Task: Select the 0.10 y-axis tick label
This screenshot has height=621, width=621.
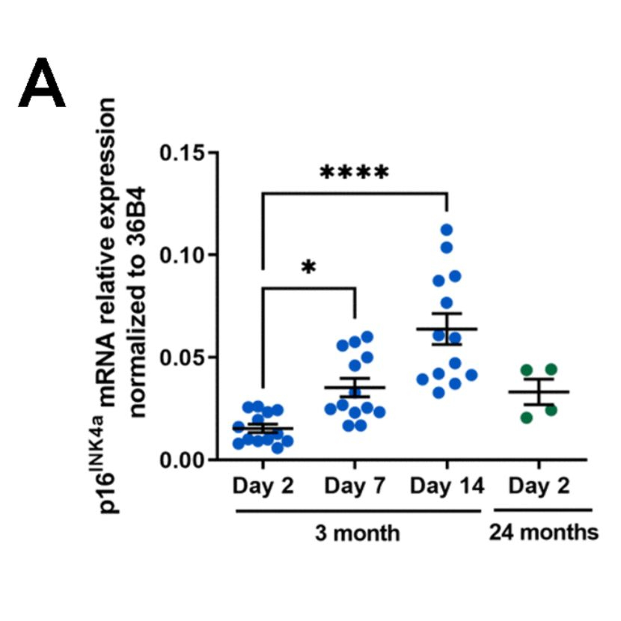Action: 182,255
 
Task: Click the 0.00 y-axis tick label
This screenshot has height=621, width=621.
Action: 182,461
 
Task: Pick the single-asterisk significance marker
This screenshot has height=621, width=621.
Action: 309,268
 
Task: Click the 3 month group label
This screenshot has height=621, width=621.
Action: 357,534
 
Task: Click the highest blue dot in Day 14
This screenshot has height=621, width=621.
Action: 447,230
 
